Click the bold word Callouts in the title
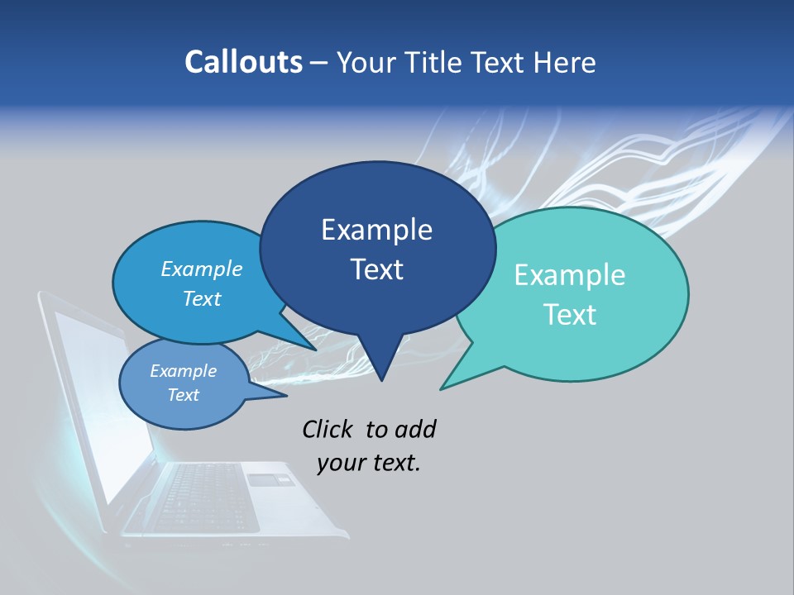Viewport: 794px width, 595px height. pyautogui.click(x=243, y=62)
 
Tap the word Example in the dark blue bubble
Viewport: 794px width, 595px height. pyautogui.click(x=376, y=230)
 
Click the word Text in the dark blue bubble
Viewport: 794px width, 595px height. pyautogui.click(x=376, y=269)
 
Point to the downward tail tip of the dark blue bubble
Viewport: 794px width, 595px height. pyautogui.click(x=381, y=379)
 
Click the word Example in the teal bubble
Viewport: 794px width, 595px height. pyautogui.click(x=570, y=275)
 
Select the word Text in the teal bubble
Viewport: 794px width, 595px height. pyautogui.click(x=570, y=315)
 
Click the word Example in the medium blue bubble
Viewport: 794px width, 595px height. pyautogui.click(x=201, y=269)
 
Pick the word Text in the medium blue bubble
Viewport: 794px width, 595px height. pyautogui.click(x=201, y=298)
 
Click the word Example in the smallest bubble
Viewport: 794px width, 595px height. pyautogui.click(x=183, y=371)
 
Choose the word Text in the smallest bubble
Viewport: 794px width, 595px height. pyautogui.click(x=183, y=395)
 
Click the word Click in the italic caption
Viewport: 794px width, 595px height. pyautogui.click(x=328, y=429)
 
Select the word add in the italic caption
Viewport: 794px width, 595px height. pyautogui.click(x=415, y=429)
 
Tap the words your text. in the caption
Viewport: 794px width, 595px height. pyautogui.click(x=368, y=463)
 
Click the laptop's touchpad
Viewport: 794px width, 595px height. pyautogui.click(x=269, y=479)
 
